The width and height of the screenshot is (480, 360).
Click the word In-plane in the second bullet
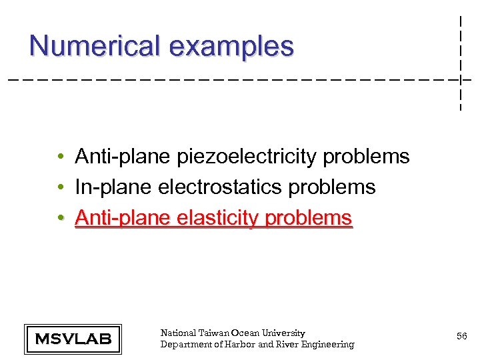(x=113, y=187)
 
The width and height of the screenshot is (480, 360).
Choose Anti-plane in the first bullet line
(x=123, y=157)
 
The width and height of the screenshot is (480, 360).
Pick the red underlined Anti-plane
(x=123, y=218)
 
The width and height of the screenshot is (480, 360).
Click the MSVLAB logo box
(x=73, y=339)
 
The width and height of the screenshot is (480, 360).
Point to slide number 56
(x=461, y=337)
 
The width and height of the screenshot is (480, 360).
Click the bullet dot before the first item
(x=60, y=157)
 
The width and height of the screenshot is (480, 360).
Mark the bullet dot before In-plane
(x=60, y=188)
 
